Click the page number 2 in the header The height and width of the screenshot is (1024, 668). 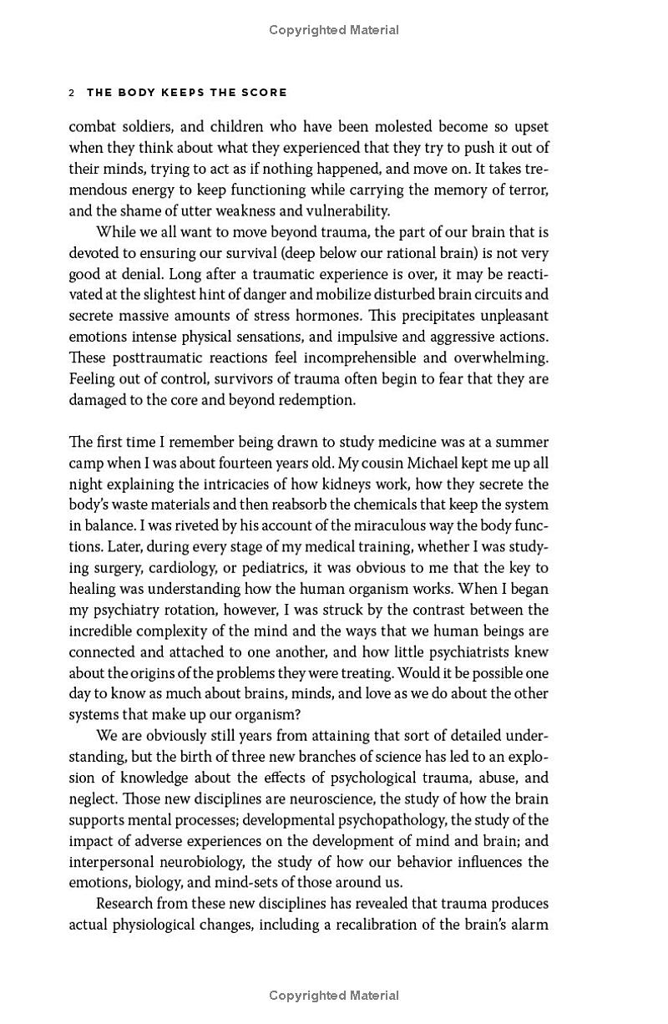pos(72,93)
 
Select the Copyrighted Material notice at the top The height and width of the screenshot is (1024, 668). pos(334,30)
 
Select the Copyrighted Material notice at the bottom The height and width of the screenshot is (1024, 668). pos(334,995)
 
